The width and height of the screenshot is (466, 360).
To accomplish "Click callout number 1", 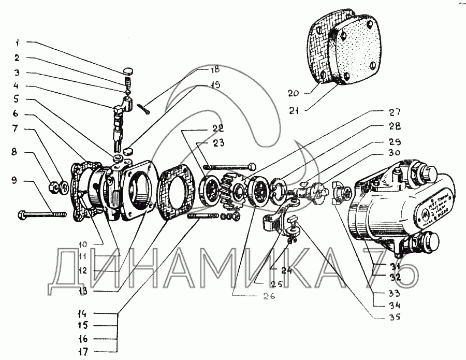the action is [x=17, y=41].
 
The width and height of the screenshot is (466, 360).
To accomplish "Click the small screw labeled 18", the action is [x=144, y=107].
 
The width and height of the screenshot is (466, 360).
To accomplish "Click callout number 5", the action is [x=17, y=98].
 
